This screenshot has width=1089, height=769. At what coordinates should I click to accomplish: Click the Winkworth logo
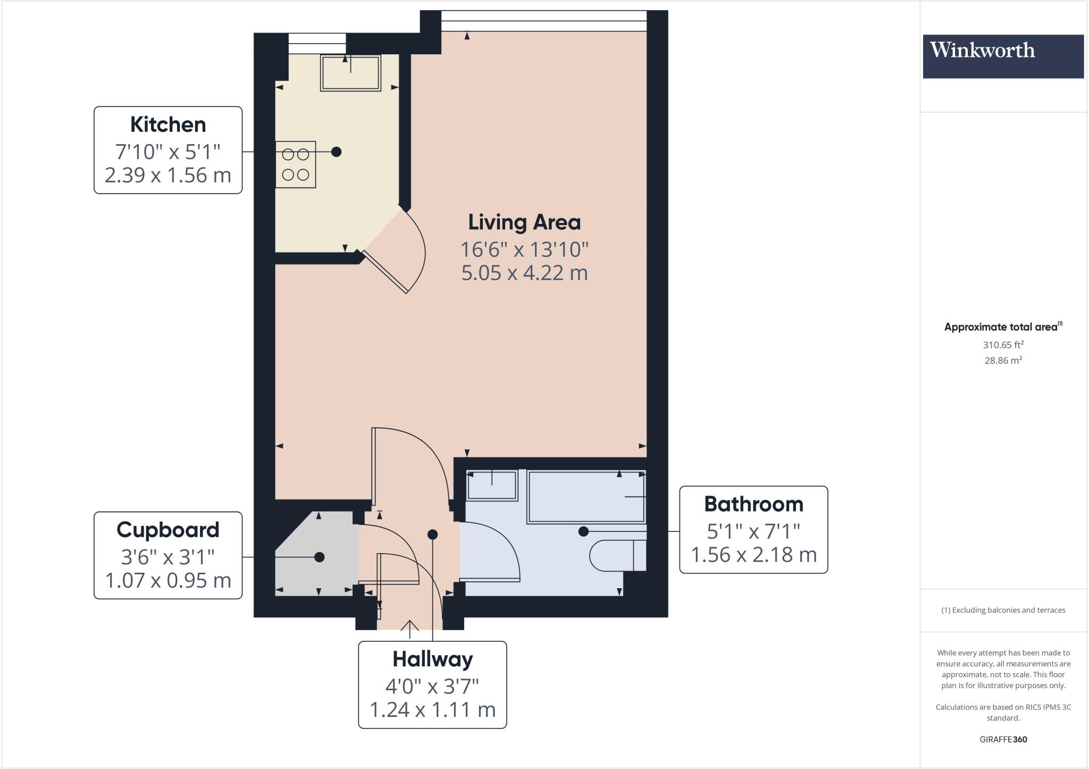click(1003, 56)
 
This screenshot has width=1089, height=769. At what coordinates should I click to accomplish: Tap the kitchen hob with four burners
click(296, 164)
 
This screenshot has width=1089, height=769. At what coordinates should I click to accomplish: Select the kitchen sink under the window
click(350, 73)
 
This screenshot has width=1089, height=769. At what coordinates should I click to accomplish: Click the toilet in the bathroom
click(617, 555)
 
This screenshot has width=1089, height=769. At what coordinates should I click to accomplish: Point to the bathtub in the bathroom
click(586, 497)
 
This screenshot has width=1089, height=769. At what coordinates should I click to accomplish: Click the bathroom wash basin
click(492, 486)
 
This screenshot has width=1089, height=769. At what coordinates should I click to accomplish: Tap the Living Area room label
click(524, 222)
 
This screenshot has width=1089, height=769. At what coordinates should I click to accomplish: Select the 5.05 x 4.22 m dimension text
click(524, 273)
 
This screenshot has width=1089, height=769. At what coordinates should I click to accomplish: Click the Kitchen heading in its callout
click(168, 124)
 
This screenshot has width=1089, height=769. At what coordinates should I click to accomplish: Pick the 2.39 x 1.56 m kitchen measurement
click(168, 175)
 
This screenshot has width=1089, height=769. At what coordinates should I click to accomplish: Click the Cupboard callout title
click(168, 530)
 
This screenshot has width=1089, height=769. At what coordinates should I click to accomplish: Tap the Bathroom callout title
click(753, 504)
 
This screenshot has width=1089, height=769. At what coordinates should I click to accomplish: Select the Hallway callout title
click(432, 659)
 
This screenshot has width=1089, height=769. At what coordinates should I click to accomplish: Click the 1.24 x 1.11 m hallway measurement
click(432, 709)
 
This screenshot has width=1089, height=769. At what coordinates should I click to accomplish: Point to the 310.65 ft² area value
click(1003, 345)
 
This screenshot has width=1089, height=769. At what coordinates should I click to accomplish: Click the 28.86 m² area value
click(1003, 360)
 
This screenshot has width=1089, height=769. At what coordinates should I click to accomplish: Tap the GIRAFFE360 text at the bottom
click(1003, 739)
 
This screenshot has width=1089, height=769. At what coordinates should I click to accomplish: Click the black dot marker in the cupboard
click(320, 557)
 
